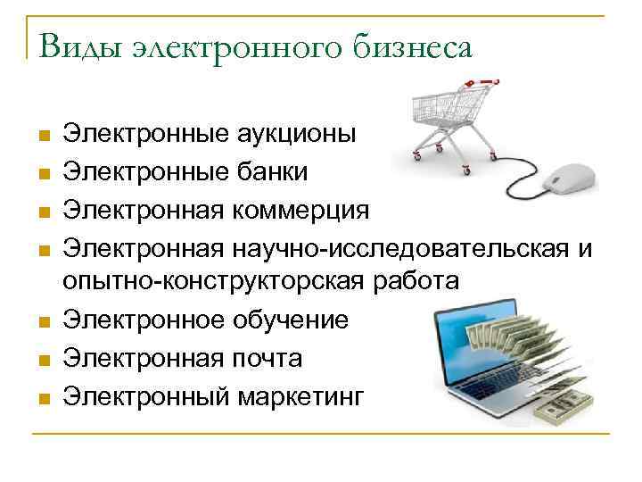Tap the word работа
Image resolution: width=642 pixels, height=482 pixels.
419,281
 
